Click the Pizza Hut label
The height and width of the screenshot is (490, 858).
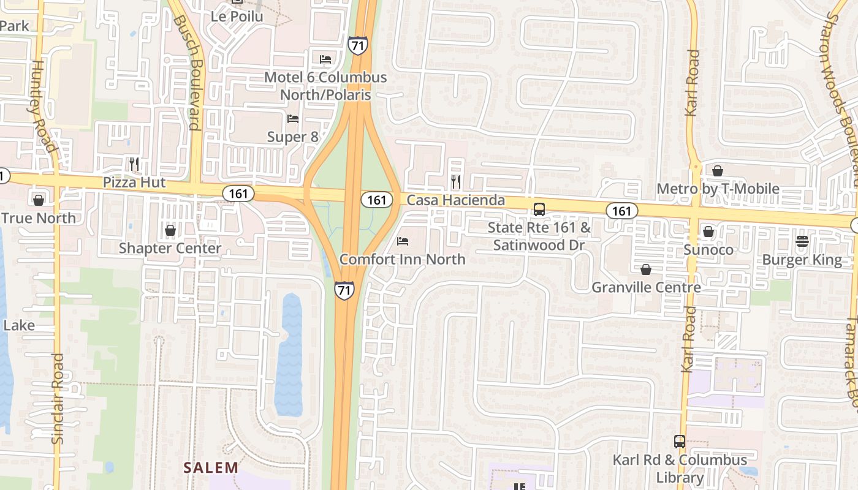click(x=134, y=183)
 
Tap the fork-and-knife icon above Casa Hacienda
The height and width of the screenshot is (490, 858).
click(x=455, y=181)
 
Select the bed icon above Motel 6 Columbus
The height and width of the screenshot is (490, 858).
click(x=325, y=59)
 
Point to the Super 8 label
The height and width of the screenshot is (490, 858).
click(x=293, y=137)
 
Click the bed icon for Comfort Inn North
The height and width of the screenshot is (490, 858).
click(x=403, y=241)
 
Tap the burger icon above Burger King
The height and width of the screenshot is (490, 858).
click(x=802, y=241)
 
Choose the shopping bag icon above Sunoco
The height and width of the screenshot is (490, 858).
click(x=708, y=232)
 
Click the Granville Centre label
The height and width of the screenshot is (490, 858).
click(x=646, y=287)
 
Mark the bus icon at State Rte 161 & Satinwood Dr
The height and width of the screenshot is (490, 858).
click(x=539, y=209)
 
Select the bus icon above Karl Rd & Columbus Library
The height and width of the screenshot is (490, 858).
click(x=680, y=441)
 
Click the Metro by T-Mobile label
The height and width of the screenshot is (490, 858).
click(x=718, y=189)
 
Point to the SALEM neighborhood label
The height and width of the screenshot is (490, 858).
click(x=211, y=467)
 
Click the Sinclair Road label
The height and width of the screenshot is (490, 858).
click(x=58, y=398)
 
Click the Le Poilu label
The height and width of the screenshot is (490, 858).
click(x=237, y=17)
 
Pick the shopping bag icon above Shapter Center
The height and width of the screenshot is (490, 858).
click(x=170, y=230)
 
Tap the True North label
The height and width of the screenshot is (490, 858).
click(x=39, y=218)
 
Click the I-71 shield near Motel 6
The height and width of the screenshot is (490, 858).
click(x=357, y=45)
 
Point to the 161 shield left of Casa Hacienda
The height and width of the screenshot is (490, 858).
click(x=376, y=200)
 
